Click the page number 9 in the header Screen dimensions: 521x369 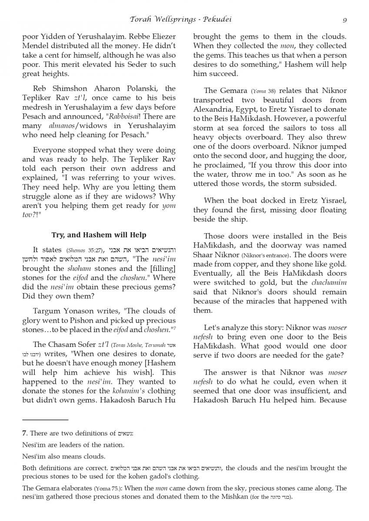click(344, 20)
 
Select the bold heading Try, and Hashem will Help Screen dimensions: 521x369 click(99, 235)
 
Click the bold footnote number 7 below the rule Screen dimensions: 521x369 click(24, 433)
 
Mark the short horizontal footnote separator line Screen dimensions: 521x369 click(45, 420)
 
